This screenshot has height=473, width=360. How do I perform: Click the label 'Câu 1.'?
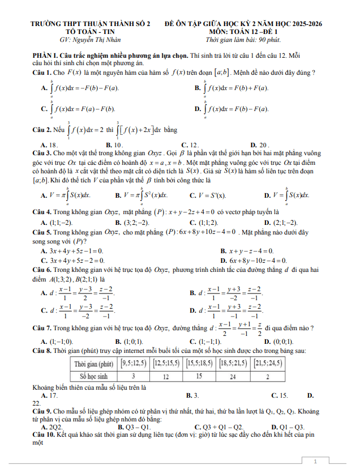[x=42, y=73]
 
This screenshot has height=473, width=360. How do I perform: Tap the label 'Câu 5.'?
[x=42, y=232]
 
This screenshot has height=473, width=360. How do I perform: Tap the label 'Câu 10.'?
[x=44, y=434]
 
